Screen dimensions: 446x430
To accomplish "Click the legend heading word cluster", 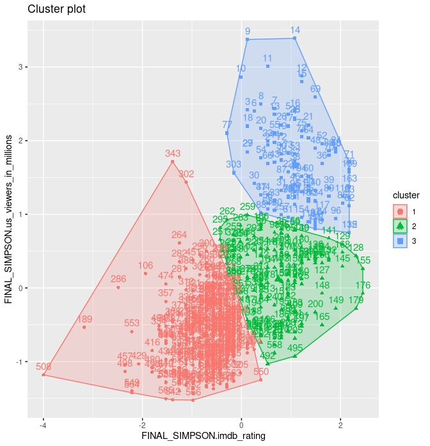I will pos(406,195).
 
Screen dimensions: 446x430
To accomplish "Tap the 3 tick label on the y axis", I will pos(20,67).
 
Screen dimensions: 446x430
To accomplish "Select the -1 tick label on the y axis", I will pos(19,362).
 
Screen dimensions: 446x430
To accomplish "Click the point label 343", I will pos(173,154).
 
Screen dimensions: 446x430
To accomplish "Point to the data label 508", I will pos(44,367).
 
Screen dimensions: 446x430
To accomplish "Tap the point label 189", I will pos(84,319).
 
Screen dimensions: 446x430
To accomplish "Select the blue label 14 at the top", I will pos(295,30).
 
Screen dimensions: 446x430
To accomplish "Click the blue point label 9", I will pos(248,31).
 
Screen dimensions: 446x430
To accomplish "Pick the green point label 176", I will pos(363,285).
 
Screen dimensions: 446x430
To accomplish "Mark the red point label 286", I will pos(118,279).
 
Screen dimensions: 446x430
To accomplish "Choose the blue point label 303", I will pos(234,164).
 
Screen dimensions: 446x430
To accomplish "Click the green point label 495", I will pos(295,348).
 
